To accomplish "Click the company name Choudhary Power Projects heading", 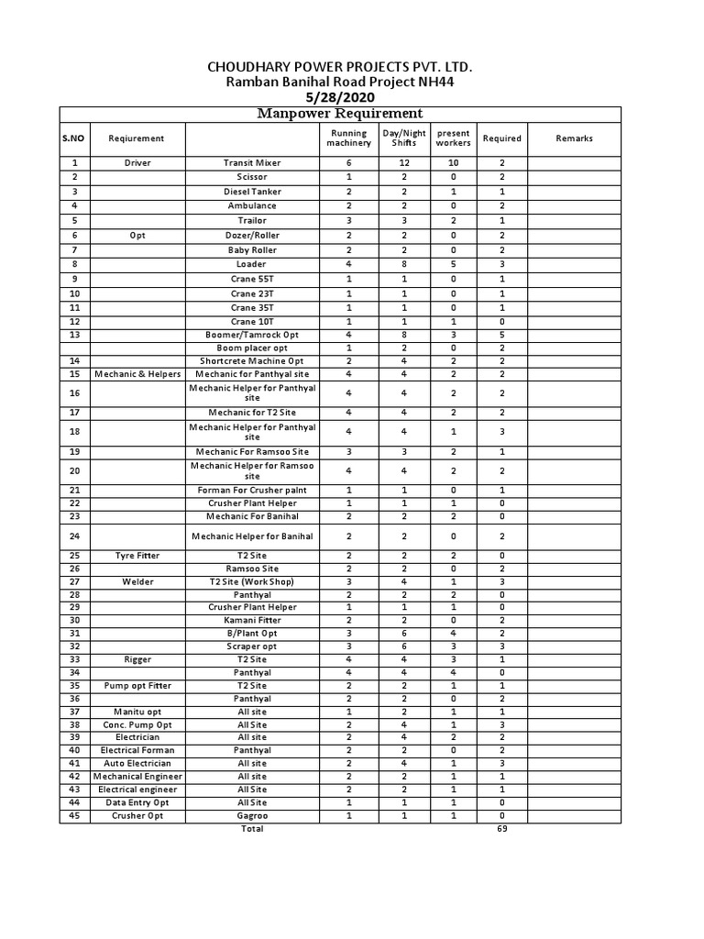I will (342, 68).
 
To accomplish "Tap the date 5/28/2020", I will (342, 98).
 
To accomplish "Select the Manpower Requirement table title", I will (340, 114).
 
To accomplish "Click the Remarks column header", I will (574, 138).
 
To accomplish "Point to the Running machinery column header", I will (349, 138).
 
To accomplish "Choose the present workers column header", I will (453, 138).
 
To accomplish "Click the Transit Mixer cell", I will (252, 163).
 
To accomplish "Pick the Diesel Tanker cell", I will (252, 192).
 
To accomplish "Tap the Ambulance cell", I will (252, 206).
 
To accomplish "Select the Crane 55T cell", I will (252, 279).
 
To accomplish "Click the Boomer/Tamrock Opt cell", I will (252, 336).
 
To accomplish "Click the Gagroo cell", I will (252, 815).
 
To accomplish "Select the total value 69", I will (501, 829).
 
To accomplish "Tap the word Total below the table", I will (252, 829).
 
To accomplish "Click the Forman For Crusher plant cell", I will (252, 491).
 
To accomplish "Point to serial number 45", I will (75, 815).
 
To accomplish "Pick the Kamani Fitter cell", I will (252, 620).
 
